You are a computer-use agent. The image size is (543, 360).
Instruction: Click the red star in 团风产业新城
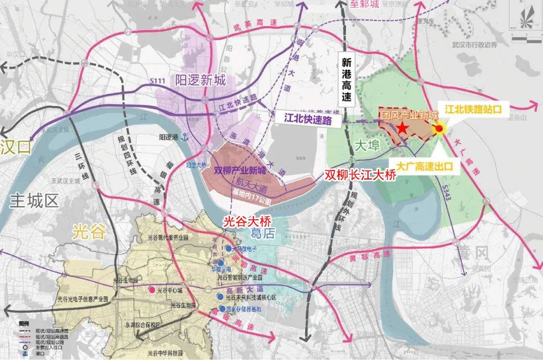(403, 129)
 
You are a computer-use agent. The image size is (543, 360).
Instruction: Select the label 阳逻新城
(201, 79)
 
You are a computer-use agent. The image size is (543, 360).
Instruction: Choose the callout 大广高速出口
(425, 166)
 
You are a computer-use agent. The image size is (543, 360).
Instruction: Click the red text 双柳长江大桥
(360, 174)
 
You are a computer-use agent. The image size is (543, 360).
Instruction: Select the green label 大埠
(368, 145)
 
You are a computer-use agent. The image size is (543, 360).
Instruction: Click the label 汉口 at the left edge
(16, 147)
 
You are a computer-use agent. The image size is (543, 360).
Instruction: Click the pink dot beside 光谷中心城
(151, 290)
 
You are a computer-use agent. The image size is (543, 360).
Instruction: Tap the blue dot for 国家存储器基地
(221, 308)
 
